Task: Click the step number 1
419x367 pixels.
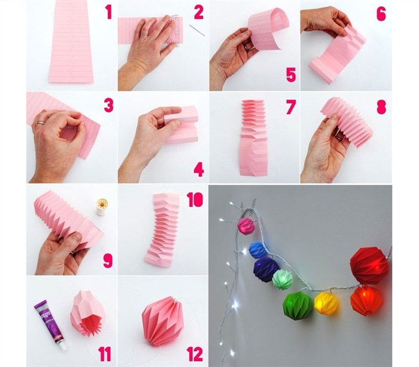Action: tap(108, 13)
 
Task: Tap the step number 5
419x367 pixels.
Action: tap(291, 75)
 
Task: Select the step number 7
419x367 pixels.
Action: tap(291, 107)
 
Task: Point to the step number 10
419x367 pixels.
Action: tap(195, 200)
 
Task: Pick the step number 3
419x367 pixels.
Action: tap(109, 105)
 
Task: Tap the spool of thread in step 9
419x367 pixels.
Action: tap(102, 206)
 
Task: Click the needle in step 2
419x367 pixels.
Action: tap(197, 30)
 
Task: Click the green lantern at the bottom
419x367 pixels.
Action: tap(297, 304)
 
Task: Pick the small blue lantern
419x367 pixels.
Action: tap(257, 250)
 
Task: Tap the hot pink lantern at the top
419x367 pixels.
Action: tap(247, 226)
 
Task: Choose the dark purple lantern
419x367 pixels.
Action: tap(266, 269)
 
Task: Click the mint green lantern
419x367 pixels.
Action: tap(282, 280)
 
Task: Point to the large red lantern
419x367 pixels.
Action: tap(369, 266)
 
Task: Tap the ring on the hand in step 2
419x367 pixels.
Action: tap(144, 35)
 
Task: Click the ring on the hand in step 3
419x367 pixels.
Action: tap(41, 123)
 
